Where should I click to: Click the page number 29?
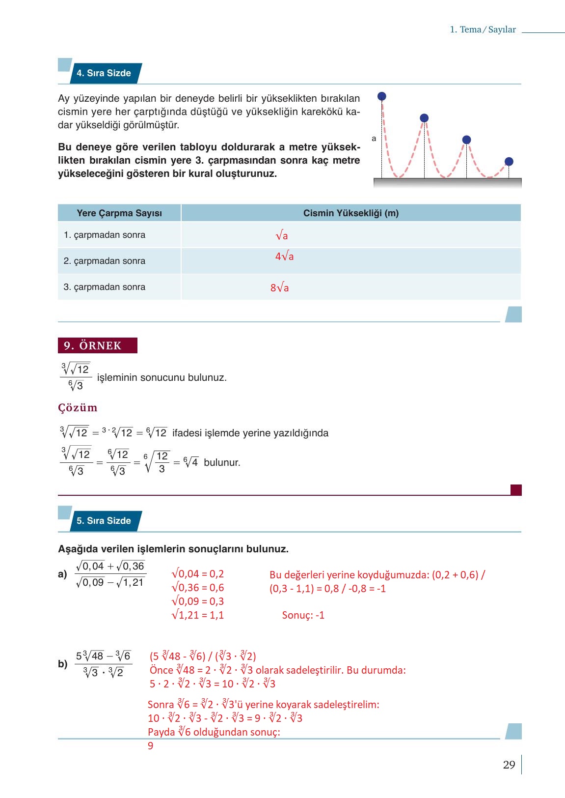509,765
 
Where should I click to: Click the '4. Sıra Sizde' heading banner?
104,73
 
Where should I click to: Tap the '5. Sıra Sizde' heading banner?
104,521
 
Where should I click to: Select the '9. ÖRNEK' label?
97,345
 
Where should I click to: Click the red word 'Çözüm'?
78,408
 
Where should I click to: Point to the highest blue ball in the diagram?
382,96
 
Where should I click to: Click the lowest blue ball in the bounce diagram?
509,162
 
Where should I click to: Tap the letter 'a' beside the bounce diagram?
374,139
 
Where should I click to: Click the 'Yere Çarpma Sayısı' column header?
119,213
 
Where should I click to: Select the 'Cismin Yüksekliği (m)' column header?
350,213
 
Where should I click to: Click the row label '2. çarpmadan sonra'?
105,261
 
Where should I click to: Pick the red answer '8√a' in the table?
279,288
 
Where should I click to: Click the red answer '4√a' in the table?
284,256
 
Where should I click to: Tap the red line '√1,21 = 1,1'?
198,615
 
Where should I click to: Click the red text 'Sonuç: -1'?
303,615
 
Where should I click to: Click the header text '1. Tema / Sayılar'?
483,29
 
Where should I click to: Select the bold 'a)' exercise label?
62,574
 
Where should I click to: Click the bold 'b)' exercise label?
62,664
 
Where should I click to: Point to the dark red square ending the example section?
516,490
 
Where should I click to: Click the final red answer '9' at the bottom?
151,746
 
